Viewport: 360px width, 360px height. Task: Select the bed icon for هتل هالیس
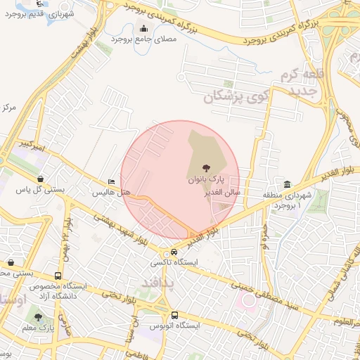[110, 181]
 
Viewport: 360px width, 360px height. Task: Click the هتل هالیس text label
[111, 192]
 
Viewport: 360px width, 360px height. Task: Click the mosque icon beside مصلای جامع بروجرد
[145, 28]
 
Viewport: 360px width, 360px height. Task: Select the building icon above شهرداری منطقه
[287, 184]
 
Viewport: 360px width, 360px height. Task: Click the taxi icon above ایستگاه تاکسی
[174, 252]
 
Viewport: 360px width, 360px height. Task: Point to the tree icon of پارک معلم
[38, 318]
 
